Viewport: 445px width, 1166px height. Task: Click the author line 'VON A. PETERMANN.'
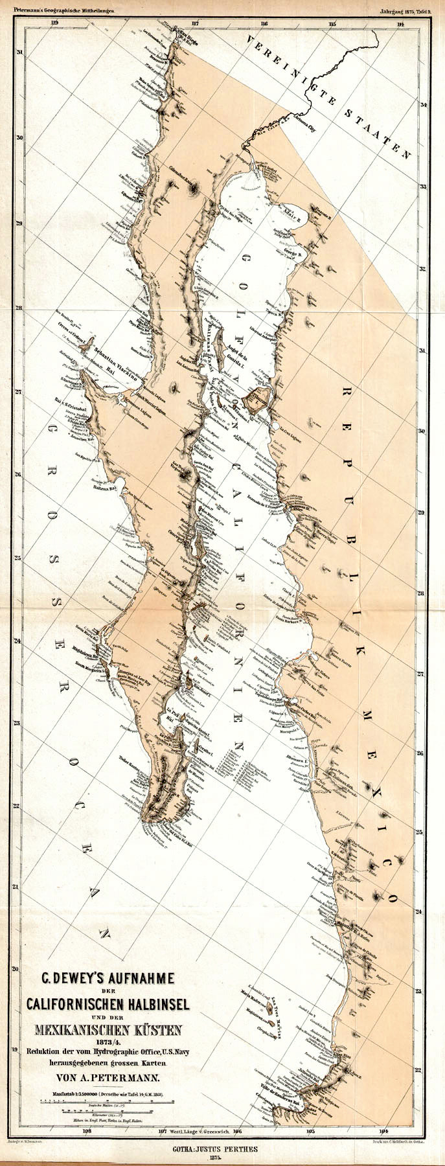[107, 1079]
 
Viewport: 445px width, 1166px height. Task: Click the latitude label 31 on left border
[20, 52]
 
